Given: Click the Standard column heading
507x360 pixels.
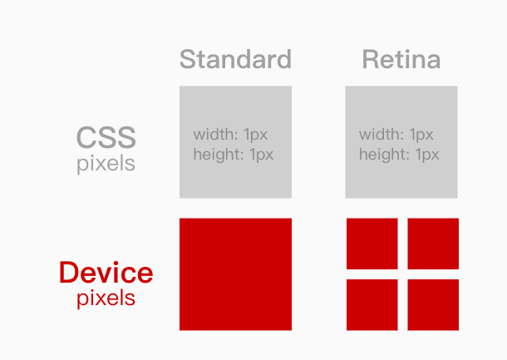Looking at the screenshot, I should [x=235, y=60].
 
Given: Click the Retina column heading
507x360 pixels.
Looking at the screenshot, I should [x=401, y=60].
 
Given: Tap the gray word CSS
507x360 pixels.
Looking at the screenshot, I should [x=106, y=138].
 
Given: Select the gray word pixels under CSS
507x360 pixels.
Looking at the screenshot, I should [x=106, y=163].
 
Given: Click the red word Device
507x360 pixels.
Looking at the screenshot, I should [x=106, y=273].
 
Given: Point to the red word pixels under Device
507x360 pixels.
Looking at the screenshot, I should [x=106, y=298].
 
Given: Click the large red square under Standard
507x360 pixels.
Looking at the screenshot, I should [x=235, y=274].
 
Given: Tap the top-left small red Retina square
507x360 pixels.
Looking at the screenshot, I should [x=372, y=244].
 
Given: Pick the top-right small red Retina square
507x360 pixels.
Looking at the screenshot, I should [x=433, y=244].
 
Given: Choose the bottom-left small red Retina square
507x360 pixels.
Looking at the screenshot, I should [x=372, y=305].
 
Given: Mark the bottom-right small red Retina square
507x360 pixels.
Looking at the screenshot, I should [x=433, y=305].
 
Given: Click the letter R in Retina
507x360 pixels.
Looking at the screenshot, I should [x=370, y=60].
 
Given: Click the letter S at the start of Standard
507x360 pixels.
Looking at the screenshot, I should [x=187, y=60].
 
